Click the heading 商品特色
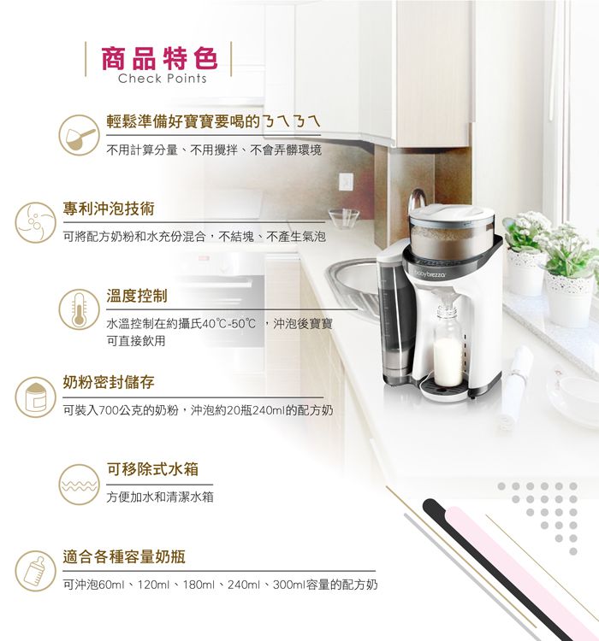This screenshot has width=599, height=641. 159,58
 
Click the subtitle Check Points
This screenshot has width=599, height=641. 163,79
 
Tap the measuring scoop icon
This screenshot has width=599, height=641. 83,136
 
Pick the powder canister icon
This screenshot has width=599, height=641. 35,395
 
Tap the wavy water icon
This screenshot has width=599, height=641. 80,484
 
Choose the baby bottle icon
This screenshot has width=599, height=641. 35,571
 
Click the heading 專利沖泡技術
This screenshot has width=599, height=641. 108,208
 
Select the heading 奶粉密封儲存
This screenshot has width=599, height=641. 108,381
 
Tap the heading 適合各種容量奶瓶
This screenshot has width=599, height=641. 124,557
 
